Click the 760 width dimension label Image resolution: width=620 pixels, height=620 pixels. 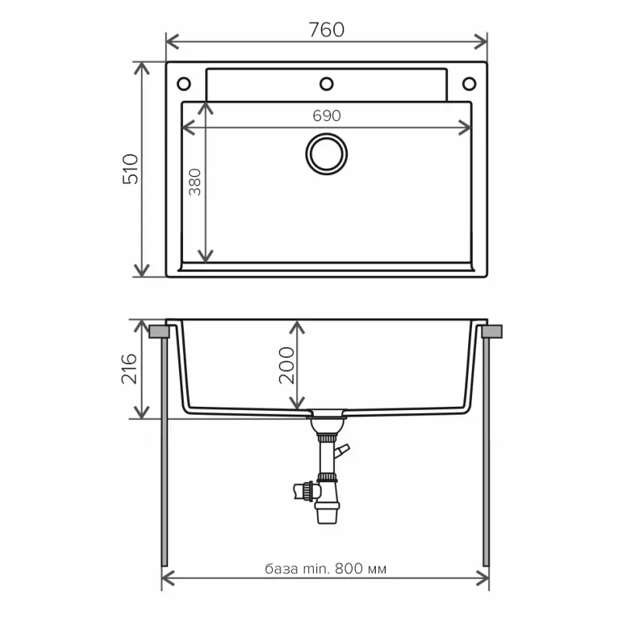click(326, 29)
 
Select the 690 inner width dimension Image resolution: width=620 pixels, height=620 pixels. click(326, 115)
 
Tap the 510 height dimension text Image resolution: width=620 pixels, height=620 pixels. click(131, 168)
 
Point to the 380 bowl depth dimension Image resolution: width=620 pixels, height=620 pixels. click(195, 181)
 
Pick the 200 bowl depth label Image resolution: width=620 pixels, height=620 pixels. click(286, 365)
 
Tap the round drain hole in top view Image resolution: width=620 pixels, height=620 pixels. click(326, 153)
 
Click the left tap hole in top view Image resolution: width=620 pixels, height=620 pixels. click(184, 83)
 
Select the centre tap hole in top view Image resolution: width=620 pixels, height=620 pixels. click(326, 83)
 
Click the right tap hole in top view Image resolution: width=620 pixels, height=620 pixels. click(469, 83)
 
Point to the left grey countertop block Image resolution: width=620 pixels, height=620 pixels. click(158, 332)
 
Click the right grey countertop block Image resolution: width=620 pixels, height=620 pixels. click(492, 332)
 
